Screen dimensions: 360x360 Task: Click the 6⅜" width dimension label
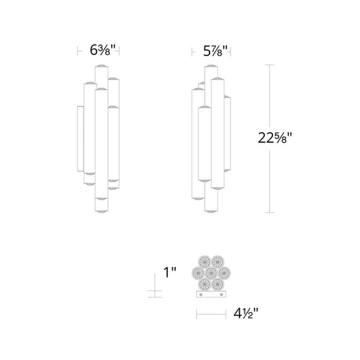point(103,50)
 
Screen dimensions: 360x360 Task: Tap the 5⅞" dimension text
point(215,51)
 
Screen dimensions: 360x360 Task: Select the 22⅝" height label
point(275,138)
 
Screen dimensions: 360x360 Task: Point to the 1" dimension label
point(169,272)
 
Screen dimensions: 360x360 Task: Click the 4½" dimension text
point(246,314)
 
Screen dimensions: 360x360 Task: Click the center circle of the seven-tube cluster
point(211,273)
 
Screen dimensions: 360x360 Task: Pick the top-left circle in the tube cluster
point(205,262)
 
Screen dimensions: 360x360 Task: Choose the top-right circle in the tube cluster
point(218,262)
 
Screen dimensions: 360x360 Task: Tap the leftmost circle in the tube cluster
point(198,273)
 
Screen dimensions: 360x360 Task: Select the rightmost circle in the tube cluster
point(224,273)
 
